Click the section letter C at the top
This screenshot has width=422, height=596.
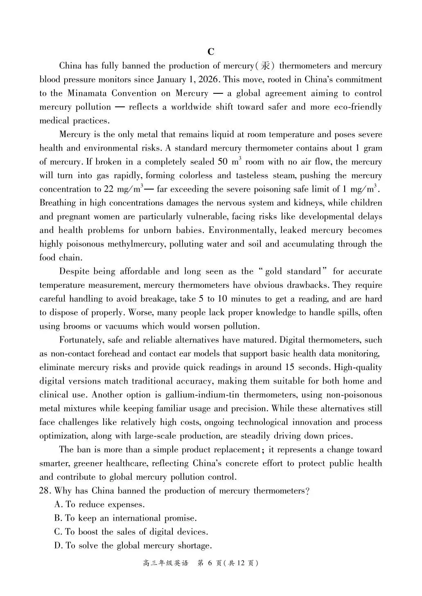click(211, 52)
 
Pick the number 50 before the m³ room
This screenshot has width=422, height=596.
click(223, 162)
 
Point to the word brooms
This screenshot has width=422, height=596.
click(77, 326)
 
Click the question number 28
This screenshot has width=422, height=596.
click(44, 491)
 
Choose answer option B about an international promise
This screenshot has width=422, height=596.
click(125, 518)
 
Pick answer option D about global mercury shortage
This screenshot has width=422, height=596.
click(133, 546)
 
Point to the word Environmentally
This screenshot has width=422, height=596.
click(241, 230)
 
